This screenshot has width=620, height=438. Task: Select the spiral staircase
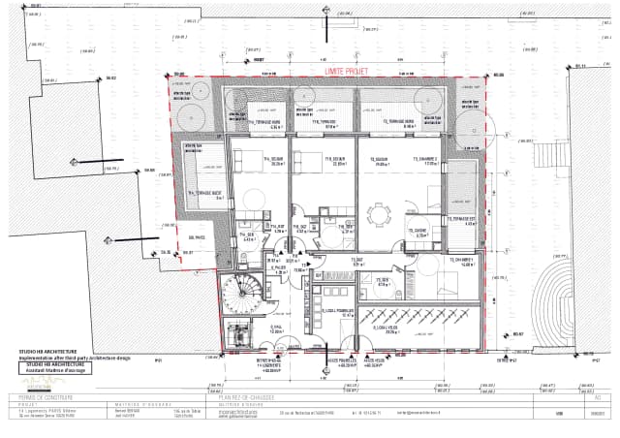coord(237,291)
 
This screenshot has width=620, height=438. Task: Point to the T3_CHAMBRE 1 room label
coord(459,261)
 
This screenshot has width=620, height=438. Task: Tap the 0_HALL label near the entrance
coord(275,328)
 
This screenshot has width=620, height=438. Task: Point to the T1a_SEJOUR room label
coord(257,161)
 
